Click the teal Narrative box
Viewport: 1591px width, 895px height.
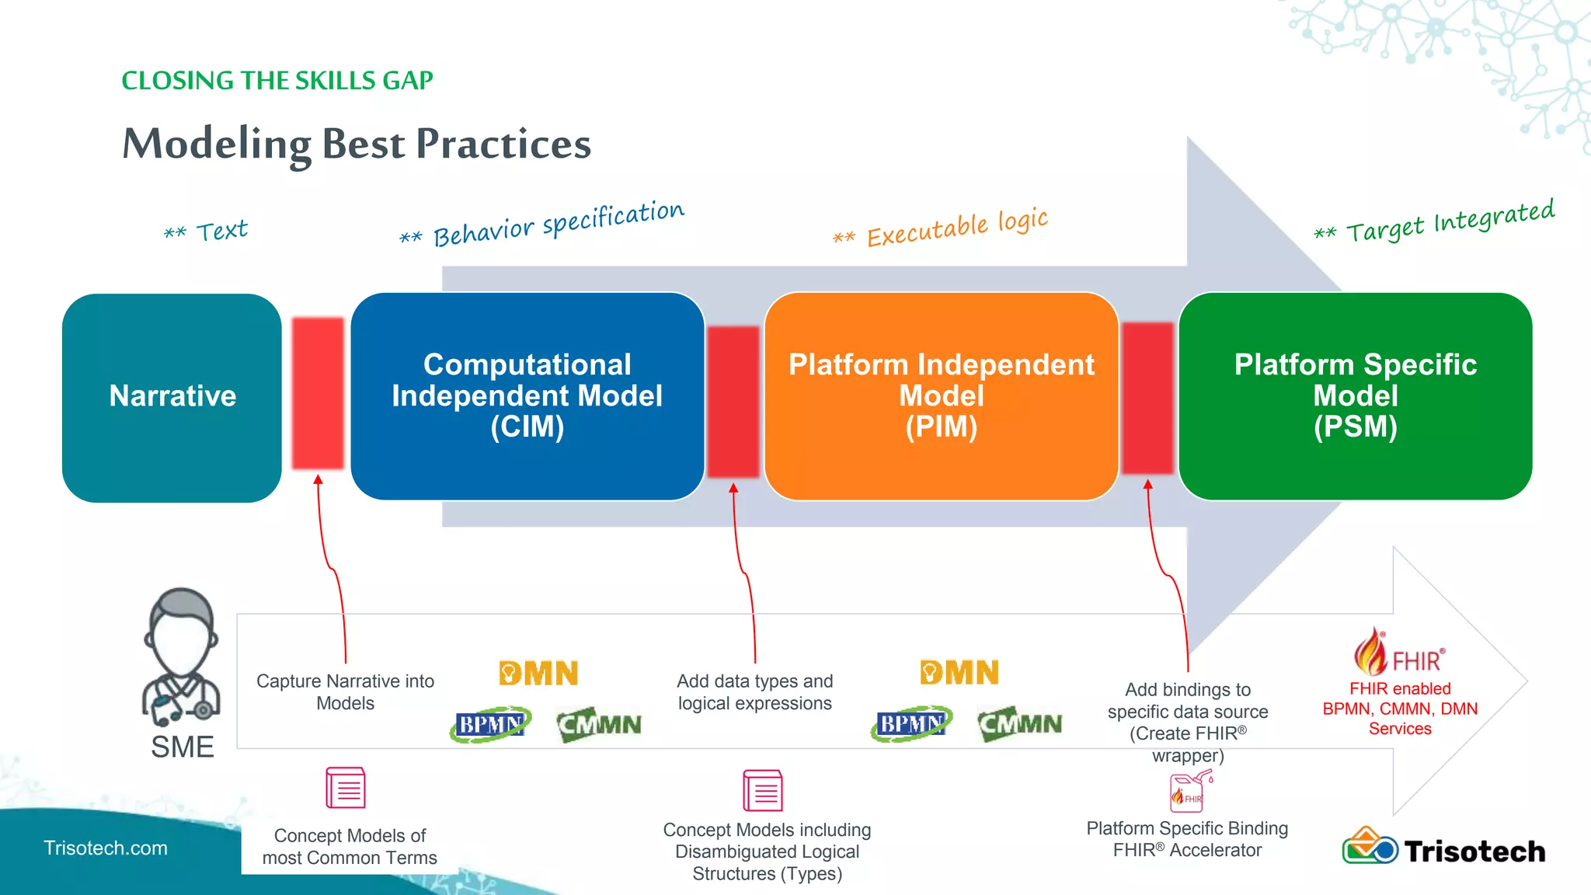click(172, 397)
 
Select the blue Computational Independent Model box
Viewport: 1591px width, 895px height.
click(527, 396)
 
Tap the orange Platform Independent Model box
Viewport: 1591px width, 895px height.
click(941, 396)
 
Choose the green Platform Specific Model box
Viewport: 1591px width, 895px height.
click(1355, 396)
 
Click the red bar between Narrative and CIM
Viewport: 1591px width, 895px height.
click(318, 393)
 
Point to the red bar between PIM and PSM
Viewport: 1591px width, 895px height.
click(1147, 398)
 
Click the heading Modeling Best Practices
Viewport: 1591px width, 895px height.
click(357, 144)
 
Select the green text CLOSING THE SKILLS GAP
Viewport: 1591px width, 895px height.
click(277, 81)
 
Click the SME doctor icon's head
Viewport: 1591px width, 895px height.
click(182, 630)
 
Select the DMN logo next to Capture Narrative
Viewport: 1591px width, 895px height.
click(538, 673)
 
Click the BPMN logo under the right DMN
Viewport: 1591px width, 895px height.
click(911, 724)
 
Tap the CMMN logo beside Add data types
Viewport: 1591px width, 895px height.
click(599, 724)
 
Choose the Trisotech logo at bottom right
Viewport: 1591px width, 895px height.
click(1443, 849)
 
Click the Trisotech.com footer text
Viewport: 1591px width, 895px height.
click(106, 848)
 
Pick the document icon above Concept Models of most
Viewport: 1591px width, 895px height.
click(346, 788)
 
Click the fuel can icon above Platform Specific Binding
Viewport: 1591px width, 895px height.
click(1189, 791)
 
